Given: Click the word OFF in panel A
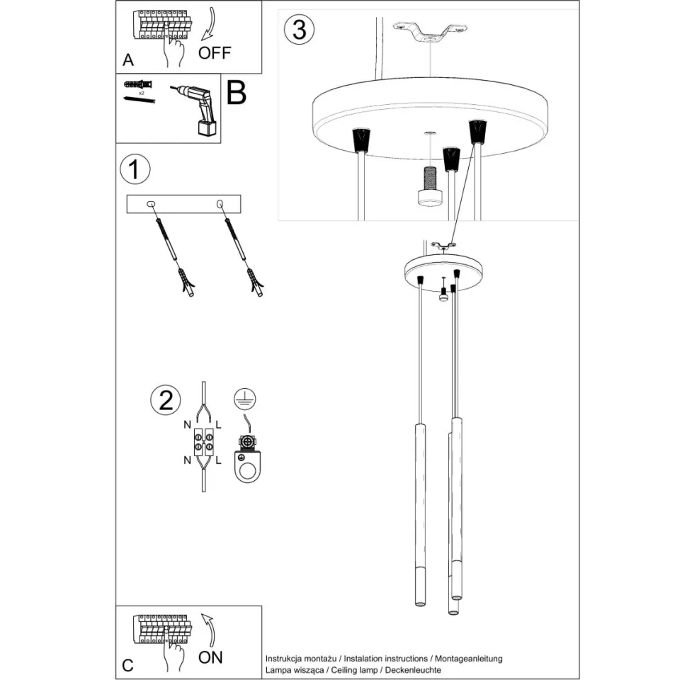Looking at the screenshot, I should [x=214, y=53].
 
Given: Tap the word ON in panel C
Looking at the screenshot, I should [x=210, y=657].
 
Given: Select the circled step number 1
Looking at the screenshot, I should [x=135, y=171].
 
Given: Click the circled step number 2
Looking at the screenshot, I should [x=166, y=401].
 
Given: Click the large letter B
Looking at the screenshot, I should [x=236, y=93].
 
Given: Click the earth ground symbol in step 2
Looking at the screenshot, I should [x=245, y=400].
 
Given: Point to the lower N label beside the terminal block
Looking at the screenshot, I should [x=187, y=460].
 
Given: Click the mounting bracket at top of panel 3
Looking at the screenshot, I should [x=431, y=32].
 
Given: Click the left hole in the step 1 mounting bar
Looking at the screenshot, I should [x=150, y=204].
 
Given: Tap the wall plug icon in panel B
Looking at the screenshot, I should [x=138, y=84].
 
